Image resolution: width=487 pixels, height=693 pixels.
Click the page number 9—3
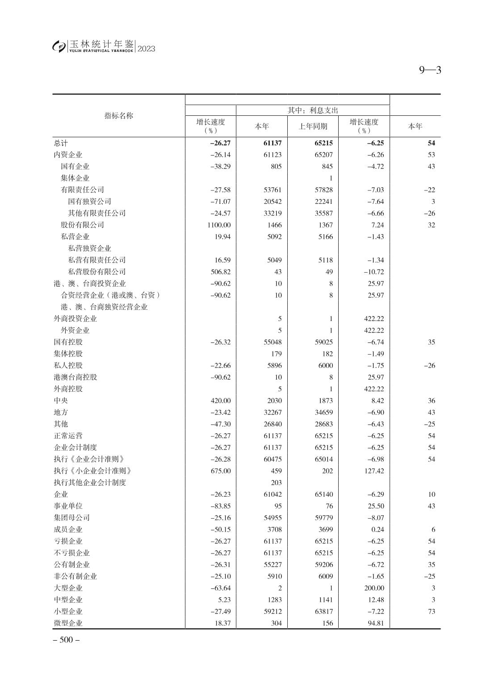pyautogui.click(x=430, y=70)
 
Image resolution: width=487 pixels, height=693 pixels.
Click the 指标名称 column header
pyautogui.click(x=119, y=116)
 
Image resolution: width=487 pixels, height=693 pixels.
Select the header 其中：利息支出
pyautogui.click(x=313, y=110)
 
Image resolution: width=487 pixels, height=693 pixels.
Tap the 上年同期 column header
pyautogui.click(x=313, y=127)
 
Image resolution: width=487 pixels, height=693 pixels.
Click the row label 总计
pyautogui.click(x=61, y=143)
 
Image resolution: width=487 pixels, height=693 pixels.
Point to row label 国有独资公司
pyautogui.click(x=89, y=202)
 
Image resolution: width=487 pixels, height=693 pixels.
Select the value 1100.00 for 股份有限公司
pyautogui.click(x=219, y=225)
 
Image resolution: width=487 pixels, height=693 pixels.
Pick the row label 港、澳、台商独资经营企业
pyautogui.click(x=104, y=307)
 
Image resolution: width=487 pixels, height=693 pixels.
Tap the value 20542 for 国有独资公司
pyautogui.click(x=273, y=202)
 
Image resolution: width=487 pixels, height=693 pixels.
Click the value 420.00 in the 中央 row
pyautogui.click(x=221, y=401)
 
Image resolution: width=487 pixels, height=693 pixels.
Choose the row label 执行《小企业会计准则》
pyautogui.click(x=92, y=471)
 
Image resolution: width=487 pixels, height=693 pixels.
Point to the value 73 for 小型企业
pyautogui.click(x=431, y=611)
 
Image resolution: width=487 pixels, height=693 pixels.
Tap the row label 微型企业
pyautogui.click(x=68, y=623)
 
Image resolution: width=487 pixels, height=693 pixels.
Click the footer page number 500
pyautogui.click(x=66, y=640)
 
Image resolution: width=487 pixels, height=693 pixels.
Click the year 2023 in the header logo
pyautogui.click(x=147, y=49)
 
